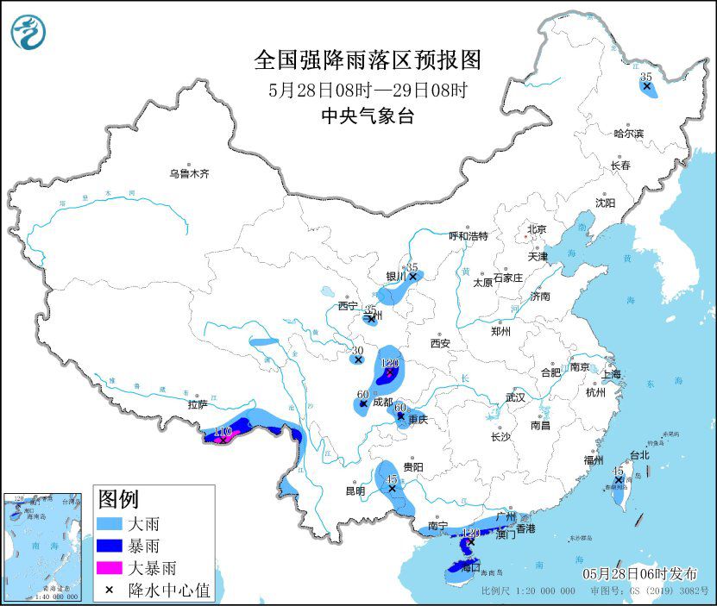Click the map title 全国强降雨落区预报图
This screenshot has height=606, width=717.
pos(367,60)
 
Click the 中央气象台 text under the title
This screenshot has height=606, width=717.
pos(367,116)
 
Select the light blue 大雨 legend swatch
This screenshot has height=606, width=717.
pos(110,523)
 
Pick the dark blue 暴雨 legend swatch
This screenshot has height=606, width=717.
pos(110,546)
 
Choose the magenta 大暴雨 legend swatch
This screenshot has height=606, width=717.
pos(110,568)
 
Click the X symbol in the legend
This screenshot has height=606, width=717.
pos(110,590)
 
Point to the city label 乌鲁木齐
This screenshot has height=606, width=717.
pos(189,173)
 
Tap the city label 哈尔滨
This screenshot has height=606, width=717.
pos(628,134)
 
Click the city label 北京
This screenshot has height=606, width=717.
pos(537,229)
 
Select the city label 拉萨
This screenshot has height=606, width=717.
pos(197,404)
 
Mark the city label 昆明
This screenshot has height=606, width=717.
pos(355,490)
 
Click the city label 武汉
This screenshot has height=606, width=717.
pos(515,399)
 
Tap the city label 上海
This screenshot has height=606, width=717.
pos(611,374)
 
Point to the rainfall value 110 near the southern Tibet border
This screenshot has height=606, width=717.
pos(222,431)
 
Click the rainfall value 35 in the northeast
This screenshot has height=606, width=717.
pos(646,78)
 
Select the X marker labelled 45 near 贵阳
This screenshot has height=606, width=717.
pos(392,489)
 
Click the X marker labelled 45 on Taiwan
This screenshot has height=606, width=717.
pos(618,480)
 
